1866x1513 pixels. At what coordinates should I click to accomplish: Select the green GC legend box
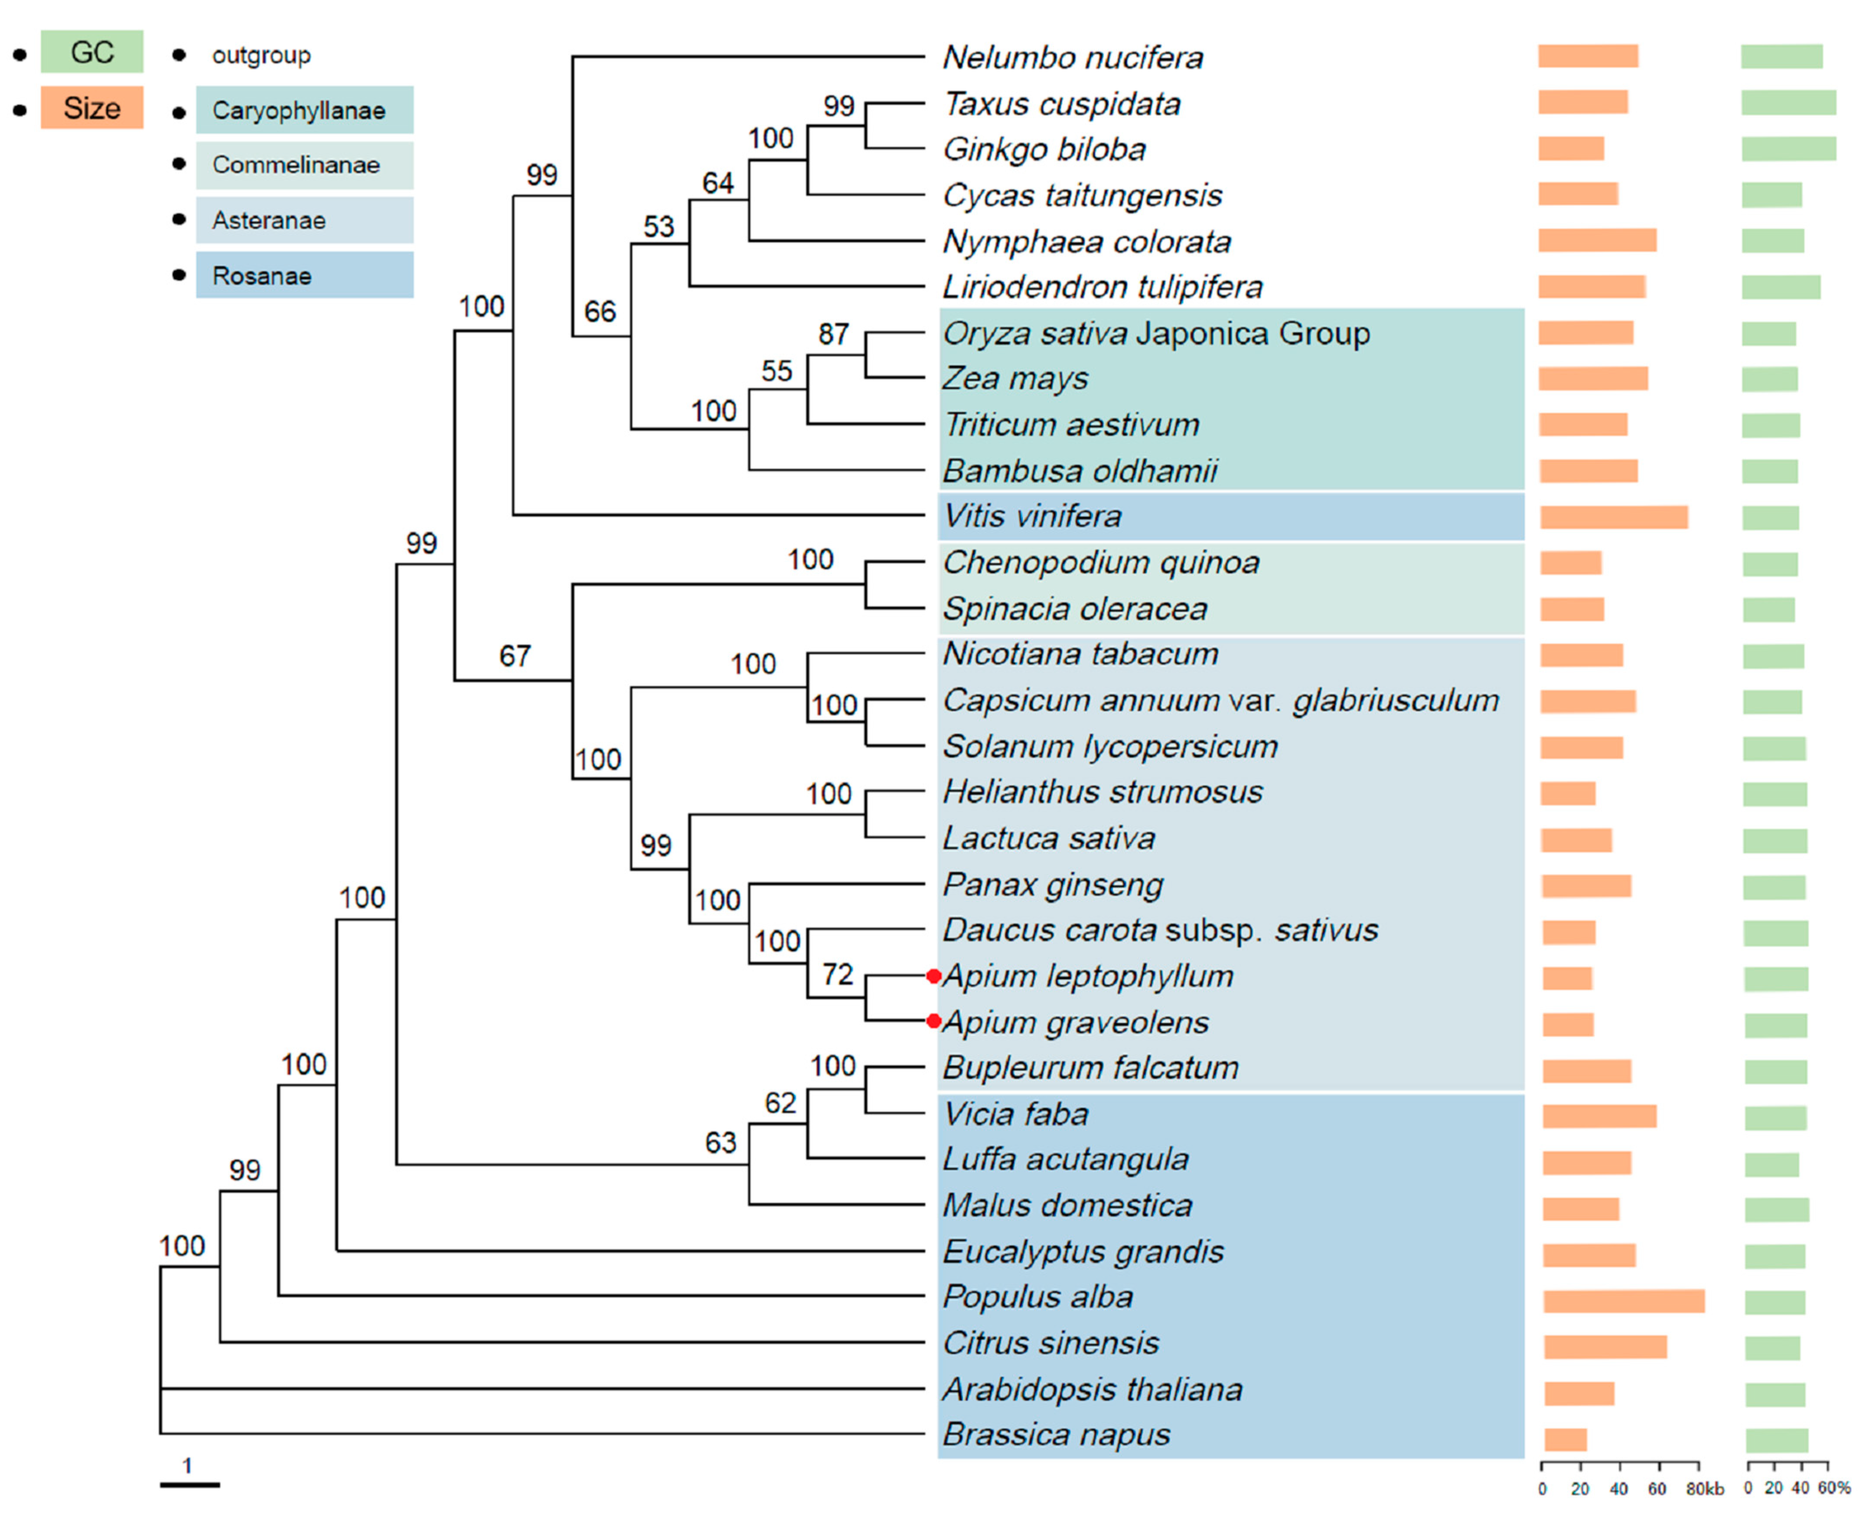[91, 52]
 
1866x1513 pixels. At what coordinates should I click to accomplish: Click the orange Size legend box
[91, 108]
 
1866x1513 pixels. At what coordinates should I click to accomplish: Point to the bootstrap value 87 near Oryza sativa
[833, 334]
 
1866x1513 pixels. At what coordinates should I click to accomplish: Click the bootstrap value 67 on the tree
[515, 656]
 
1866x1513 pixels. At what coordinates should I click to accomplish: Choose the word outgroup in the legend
[261, 55]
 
